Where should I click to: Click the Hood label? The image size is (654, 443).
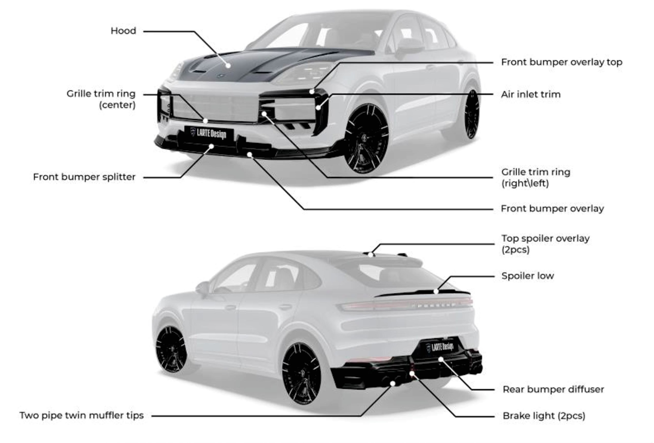(x=123, y=31)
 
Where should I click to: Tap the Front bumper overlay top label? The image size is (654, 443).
(x=561, y=62)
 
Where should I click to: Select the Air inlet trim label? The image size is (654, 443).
(x=531, y=94)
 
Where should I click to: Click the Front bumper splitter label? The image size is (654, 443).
(x=84, y=177)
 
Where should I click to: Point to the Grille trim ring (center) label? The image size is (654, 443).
(x=101, y=99)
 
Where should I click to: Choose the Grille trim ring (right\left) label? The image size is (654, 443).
(x=535, y=178)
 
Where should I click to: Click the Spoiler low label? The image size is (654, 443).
(x=527, y=276)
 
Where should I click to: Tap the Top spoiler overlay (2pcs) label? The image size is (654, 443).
(x=545, y=244)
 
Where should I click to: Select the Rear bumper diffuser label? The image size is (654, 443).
(x=553, y=390)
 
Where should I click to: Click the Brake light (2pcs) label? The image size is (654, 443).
(x=544, y=416)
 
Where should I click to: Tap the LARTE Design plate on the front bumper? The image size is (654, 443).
(x=209, y=133)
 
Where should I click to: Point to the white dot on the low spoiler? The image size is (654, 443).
(x=436, y=292)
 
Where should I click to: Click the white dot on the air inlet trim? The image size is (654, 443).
(x=318, y=107)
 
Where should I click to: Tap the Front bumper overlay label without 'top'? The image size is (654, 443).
(x=552, y=209)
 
